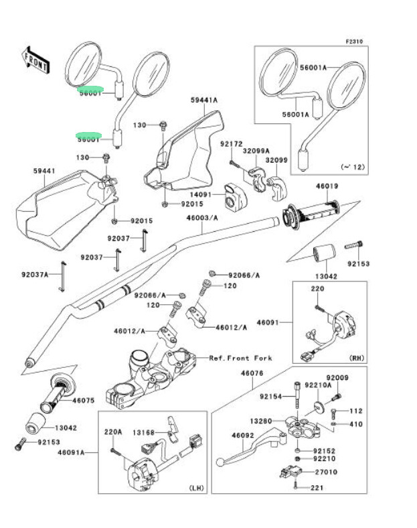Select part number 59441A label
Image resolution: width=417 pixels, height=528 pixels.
tap(203, 101)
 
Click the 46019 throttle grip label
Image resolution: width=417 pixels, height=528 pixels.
tap(327, 186)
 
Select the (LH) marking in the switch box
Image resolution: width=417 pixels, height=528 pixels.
tap(197, 486)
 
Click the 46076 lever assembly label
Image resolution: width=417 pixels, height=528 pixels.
tap(252, 373)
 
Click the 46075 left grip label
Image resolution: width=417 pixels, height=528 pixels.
tap(84, 400)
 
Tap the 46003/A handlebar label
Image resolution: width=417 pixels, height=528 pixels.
tap(203, 218)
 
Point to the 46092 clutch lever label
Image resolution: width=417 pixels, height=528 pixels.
tap(242, 436)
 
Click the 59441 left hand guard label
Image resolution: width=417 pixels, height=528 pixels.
tap(44, 172)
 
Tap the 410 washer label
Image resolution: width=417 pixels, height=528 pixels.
tap(355, 424)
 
